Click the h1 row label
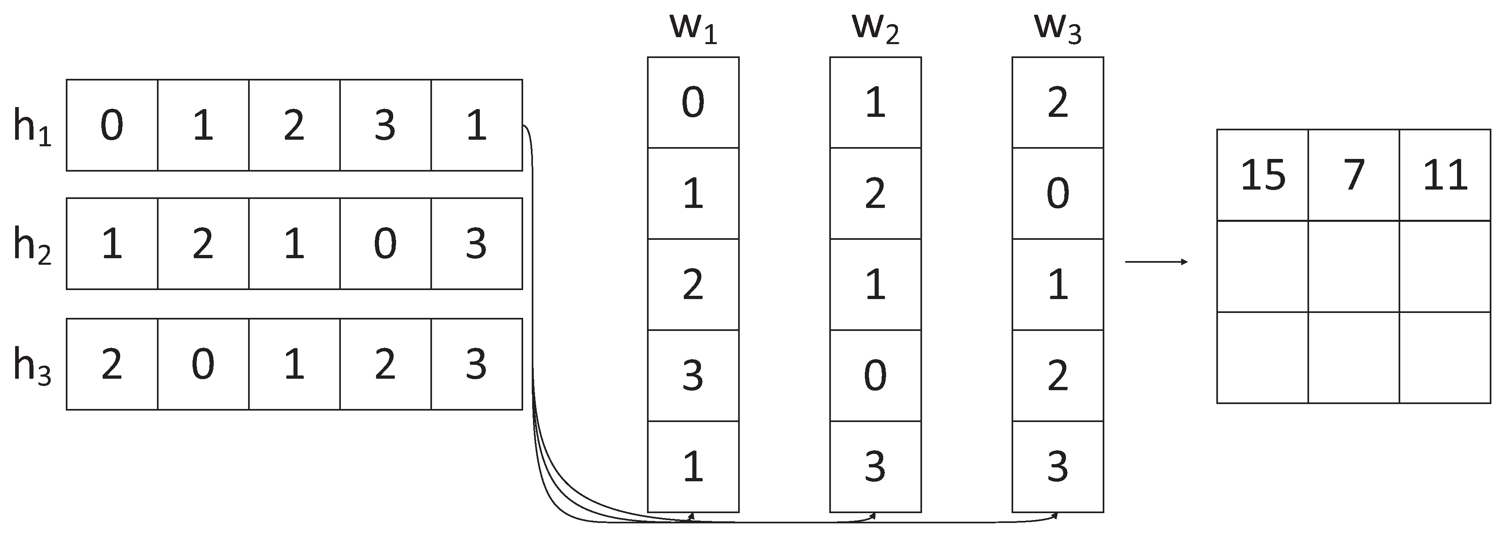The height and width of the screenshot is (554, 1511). point(32,128)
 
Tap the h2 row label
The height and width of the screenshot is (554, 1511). point(32,246)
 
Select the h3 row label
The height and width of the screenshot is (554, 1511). point(32,366)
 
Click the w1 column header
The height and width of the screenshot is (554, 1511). point(693,29)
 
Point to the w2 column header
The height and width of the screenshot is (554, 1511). point(875,29)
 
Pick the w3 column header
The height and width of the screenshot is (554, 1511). point(1058,29)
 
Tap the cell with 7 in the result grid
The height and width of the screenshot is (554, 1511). point(1354,175)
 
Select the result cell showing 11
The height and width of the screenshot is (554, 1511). point(1445,175)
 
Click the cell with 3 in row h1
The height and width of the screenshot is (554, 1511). point(385,125)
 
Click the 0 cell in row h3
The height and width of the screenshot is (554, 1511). point(203,364)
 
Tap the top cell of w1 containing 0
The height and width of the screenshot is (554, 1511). point(693,103)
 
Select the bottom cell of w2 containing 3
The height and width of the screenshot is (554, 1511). point(875,467)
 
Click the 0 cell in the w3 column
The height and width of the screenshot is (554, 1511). point(1058,194)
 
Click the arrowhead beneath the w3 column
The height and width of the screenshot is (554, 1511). point(1056,516)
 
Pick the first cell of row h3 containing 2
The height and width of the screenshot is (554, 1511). point(112,364)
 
